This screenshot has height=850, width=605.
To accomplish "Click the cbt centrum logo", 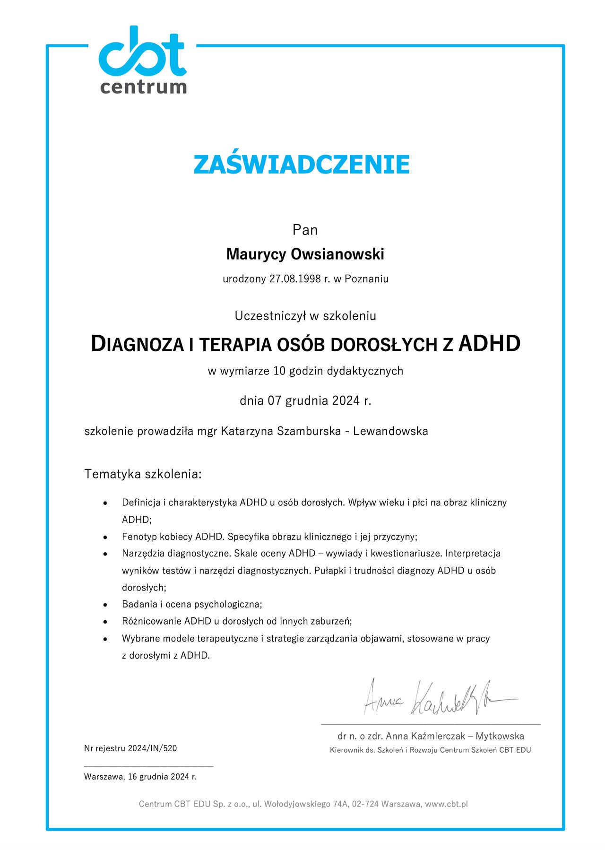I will pos(143,60).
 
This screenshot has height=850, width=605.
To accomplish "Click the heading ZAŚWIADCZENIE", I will pos(302,164).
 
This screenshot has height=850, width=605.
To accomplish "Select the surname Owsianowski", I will pos(337,254).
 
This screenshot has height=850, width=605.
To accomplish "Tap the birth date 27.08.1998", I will pos(295,279).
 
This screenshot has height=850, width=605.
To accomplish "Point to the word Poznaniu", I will pos(366,279).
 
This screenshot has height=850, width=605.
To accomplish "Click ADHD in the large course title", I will pos(489,344).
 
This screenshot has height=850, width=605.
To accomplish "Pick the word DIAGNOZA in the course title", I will pos(137,344).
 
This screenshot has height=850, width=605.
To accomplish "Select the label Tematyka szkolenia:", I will pos(143,474).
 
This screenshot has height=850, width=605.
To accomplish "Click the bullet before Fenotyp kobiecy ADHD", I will pos(105,538).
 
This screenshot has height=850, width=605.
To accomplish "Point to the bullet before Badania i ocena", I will pos(105,605).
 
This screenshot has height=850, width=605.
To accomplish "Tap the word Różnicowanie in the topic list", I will pos(152,621).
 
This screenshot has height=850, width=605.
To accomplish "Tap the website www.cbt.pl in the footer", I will pos(446,804).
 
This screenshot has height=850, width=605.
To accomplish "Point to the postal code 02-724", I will pos(365,804).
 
